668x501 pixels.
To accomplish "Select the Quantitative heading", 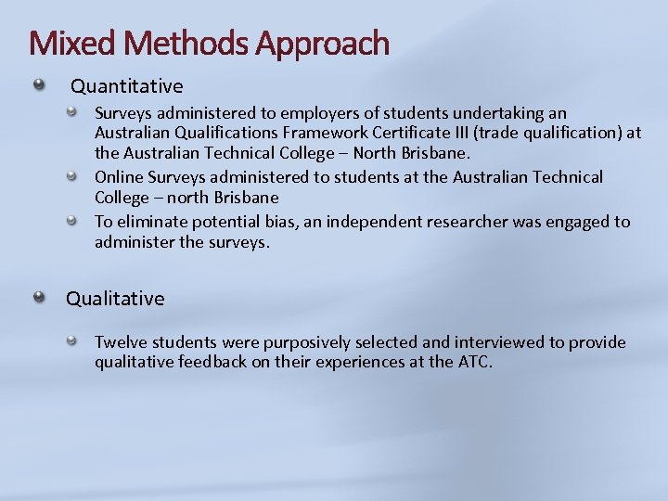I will point(127,86).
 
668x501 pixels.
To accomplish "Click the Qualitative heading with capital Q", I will point(115,299).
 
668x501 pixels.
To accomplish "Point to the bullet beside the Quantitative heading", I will point(39,85).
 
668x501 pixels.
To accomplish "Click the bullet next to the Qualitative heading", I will point(39,297).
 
